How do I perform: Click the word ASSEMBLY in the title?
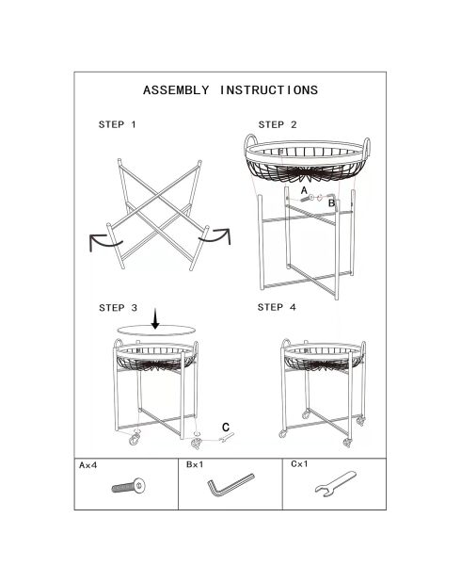(x=176, y=90)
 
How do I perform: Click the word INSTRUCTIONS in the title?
(x=269, y=90)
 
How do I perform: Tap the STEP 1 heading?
(x=118, y=124)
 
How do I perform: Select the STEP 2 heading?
(x=278, y=124)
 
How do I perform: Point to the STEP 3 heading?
(x=118, y=308)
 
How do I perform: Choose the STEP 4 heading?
(x=277, y=307)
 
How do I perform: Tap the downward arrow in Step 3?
(x=155, y=319)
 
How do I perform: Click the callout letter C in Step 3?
(x=226, y=428)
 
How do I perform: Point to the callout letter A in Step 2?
(x=304, y=191)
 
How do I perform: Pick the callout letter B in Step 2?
(x=331, y=203)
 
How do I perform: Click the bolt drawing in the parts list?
(x=128, y=486)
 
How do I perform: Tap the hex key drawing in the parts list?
(x=230, y=484)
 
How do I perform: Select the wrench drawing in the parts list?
(x=335, y=484)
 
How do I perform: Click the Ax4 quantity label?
(x=87, y=465)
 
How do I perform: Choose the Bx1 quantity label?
(x=195, y=464)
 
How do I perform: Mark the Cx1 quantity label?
(x=299, y=464)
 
